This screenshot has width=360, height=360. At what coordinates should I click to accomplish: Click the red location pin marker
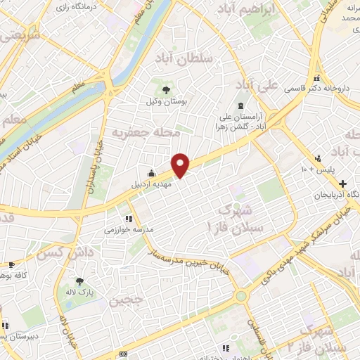[x=181, y=164]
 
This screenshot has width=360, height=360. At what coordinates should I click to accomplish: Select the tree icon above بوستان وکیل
[x=166, y=90]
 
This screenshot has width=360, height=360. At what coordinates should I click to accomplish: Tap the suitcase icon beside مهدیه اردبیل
[x=151, y=172]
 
